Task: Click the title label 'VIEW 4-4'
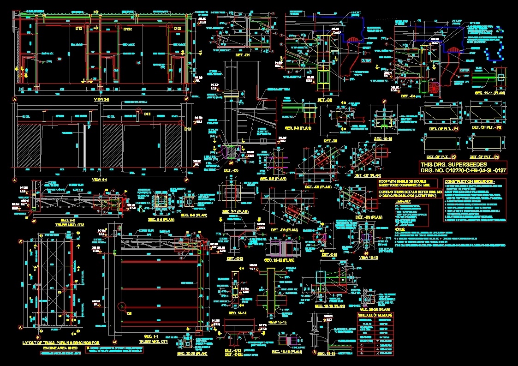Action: click(100, 179)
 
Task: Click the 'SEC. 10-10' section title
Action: click(383, 138)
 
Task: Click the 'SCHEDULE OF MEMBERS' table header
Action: click(375, 315)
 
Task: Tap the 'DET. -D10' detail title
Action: click(329, 254)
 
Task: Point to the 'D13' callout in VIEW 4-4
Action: click(147, 114)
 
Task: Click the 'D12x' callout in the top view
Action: click(128, 29)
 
